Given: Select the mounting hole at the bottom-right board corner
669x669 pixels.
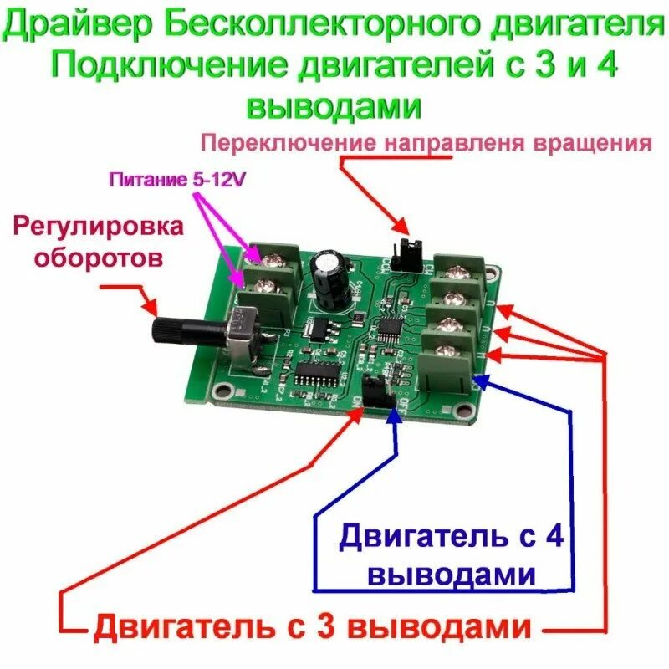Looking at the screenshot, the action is coord(462,410).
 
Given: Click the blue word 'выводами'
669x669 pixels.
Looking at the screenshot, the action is coord(452,575).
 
